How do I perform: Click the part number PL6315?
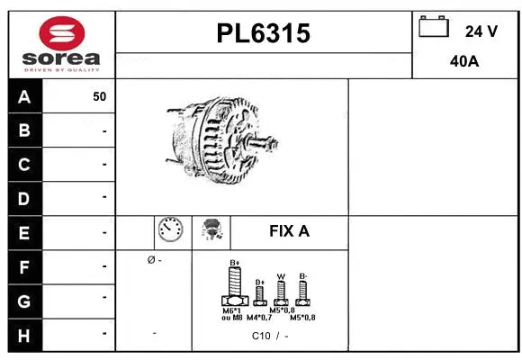coord(264,33)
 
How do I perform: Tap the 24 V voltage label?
coord(481,31)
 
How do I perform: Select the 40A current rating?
coord(463,63)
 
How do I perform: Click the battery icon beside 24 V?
coord(433,28)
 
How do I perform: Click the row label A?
coord(24,97)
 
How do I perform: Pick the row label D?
coord(24,197)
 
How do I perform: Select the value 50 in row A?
coord(99,97)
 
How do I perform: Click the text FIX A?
coord(289,231)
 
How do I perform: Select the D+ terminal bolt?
coord(259,292)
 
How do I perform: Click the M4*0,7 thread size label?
coord(260,318)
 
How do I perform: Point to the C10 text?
coord(261,335)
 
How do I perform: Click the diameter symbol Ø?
coord(149,261)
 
